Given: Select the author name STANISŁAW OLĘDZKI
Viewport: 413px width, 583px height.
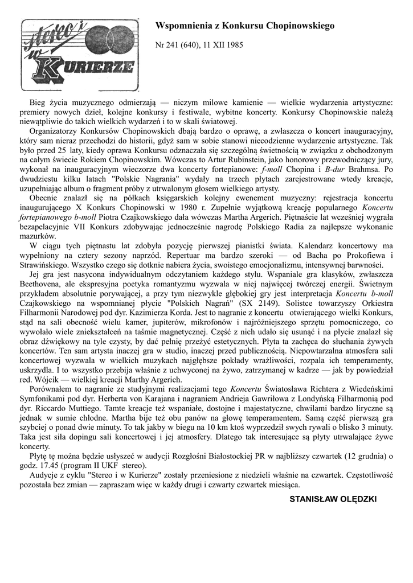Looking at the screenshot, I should tap(333, 499).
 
